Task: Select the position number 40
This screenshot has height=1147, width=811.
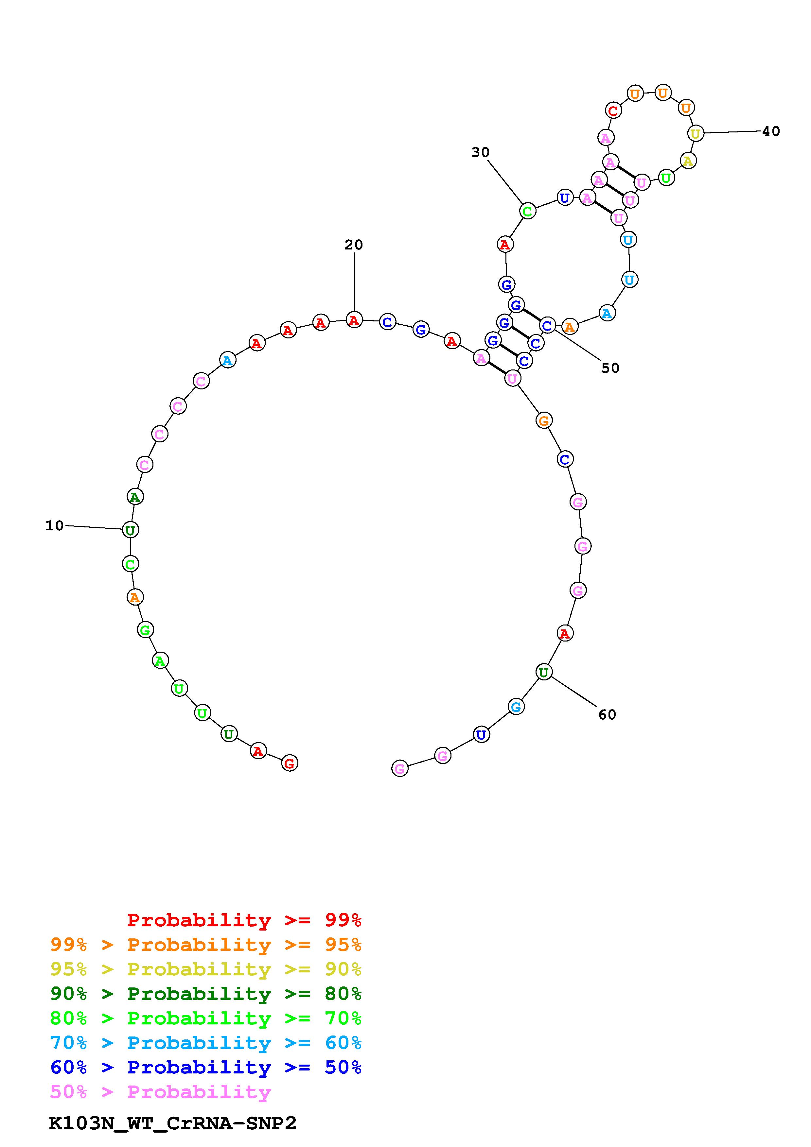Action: point(771,131)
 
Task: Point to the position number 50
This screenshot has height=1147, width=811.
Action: point(610,368)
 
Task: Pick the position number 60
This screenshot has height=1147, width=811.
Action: point(607,715)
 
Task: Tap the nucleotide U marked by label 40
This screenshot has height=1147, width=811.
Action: point(695,133)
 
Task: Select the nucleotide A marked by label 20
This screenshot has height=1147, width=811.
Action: point(354,320)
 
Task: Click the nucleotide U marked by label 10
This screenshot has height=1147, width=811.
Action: point(131,530)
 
